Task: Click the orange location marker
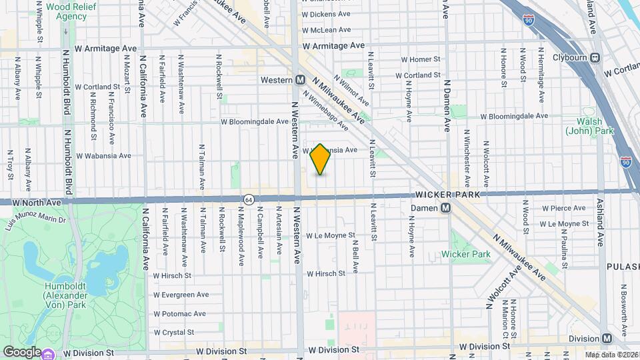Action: [321, 159]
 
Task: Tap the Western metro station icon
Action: [300, 79]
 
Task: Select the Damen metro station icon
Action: [447, 208]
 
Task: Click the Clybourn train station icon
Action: [595, 57]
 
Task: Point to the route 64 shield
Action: [249, 199]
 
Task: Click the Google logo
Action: [22, 351]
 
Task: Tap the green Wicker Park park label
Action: [465, 254]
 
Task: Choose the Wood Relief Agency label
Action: [67, 11]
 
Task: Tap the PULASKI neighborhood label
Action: [623, 266]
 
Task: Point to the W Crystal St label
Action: [173, 332]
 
